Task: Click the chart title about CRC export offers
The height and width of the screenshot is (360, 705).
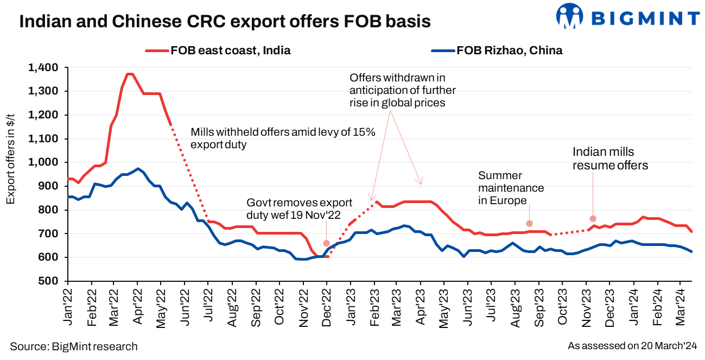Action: coord(225,21)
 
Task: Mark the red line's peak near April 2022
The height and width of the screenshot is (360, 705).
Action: coord(129,74)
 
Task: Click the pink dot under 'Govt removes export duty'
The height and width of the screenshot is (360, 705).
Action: coord(326,243)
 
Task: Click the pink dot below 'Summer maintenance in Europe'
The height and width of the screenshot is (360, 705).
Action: coord(529,224)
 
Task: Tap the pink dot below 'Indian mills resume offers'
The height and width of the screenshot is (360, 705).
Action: coord(593,218)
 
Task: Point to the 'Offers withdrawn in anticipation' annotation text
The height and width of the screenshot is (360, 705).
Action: coord(402,90)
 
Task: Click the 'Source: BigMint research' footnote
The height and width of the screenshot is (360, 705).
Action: coord(74,346)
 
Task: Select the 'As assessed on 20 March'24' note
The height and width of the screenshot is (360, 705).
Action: coord(632,346)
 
